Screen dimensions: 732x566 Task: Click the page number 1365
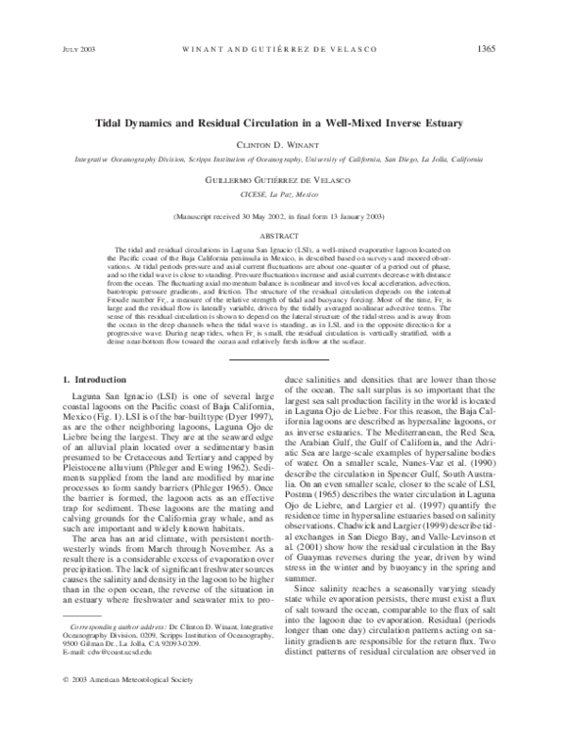pyautogui.click(x=512, y=48)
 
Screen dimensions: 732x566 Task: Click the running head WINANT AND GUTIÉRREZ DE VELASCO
pyautogui.click(x=284, y=48)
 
